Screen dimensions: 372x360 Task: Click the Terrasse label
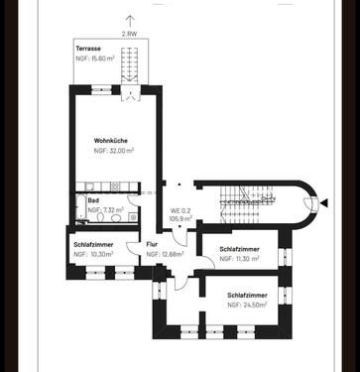coord(89,49)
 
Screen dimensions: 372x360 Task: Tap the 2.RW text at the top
coord(129,34)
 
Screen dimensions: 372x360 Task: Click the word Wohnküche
coord(112,140)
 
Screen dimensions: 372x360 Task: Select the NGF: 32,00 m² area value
coord(114,151)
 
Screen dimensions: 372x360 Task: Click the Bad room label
coord(79,200)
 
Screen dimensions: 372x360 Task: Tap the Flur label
coord(152,244)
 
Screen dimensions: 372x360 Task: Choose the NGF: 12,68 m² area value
coord(166,255)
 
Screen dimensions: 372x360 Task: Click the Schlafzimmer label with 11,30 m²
coord(240,248)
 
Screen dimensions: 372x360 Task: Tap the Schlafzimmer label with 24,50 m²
coord(247,295)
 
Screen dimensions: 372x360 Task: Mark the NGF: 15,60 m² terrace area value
coord(95,59)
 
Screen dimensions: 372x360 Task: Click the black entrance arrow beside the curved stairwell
coord(321,204)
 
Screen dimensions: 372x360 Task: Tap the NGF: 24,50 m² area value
coord(249,306)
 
